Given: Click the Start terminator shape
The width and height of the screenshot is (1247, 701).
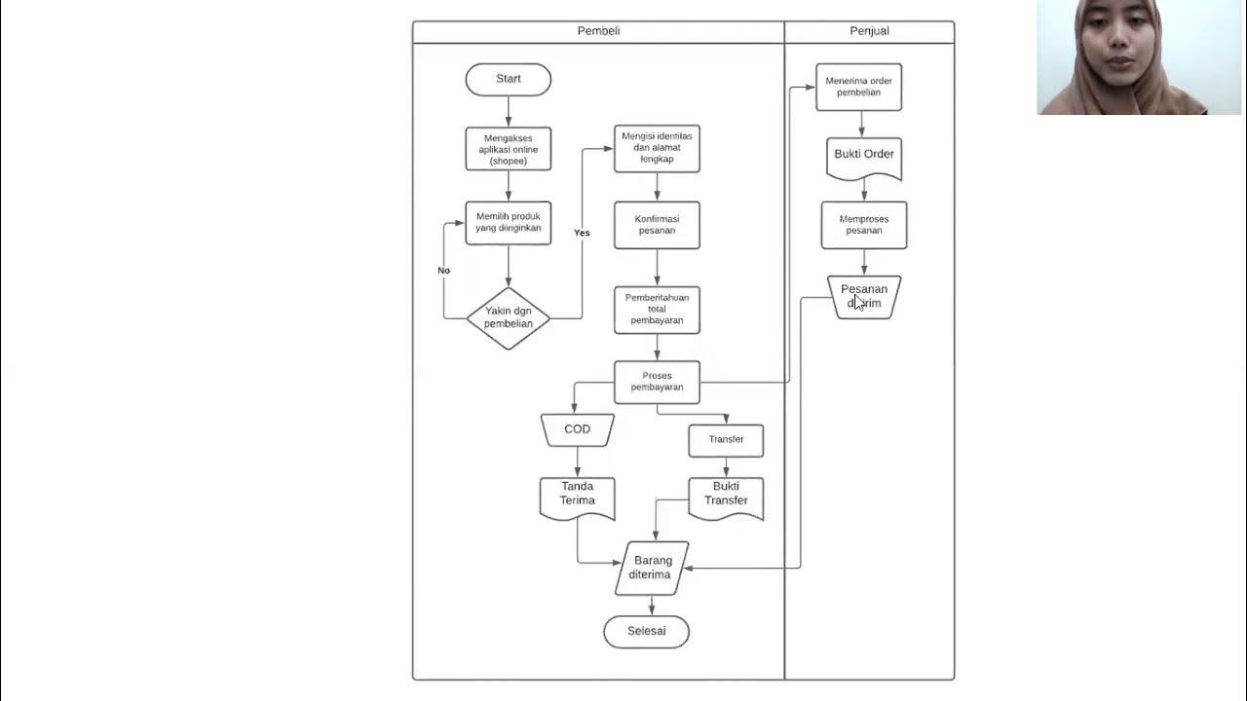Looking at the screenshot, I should point(508,79).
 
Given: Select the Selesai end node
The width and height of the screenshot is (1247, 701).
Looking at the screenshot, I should point(646,631).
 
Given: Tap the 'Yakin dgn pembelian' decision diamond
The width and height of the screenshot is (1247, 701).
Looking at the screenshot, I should point(508,317).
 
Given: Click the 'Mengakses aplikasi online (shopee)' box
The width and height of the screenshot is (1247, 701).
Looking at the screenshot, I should point(508,149).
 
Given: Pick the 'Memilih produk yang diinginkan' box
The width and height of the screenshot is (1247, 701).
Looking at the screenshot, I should point(508,222).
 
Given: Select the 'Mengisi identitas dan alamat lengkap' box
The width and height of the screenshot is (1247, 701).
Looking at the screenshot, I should point(657,148).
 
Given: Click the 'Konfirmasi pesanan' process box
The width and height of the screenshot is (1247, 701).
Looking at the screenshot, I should point(657,225).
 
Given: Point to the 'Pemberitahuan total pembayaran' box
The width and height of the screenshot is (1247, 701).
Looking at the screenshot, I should point(657,310).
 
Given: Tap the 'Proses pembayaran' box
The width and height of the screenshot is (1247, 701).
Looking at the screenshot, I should point(657,382).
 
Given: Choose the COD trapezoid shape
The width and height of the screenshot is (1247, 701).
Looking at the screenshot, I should point(577,429).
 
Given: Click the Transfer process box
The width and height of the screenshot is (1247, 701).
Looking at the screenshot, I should point(726,440).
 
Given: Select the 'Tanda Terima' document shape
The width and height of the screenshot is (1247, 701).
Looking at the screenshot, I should point(577,496).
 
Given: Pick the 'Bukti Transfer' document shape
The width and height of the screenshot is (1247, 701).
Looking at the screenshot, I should point(726,496).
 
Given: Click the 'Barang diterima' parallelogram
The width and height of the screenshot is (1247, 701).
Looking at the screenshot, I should point(652,568).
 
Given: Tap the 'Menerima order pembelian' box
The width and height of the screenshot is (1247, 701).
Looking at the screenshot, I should point(858,87).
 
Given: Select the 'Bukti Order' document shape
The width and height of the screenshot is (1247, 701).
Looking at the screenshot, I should point(864,157).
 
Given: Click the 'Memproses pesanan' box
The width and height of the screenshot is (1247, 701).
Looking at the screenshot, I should point(864,225).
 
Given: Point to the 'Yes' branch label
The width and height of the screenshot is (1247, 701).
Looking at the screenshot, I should point(582,233).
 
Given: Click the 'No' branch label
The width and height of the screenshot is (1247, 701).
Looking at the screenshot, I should point(444,271).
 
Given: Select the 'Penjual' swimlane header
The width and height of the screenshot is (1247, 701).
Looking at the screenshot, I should point(869,31).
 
